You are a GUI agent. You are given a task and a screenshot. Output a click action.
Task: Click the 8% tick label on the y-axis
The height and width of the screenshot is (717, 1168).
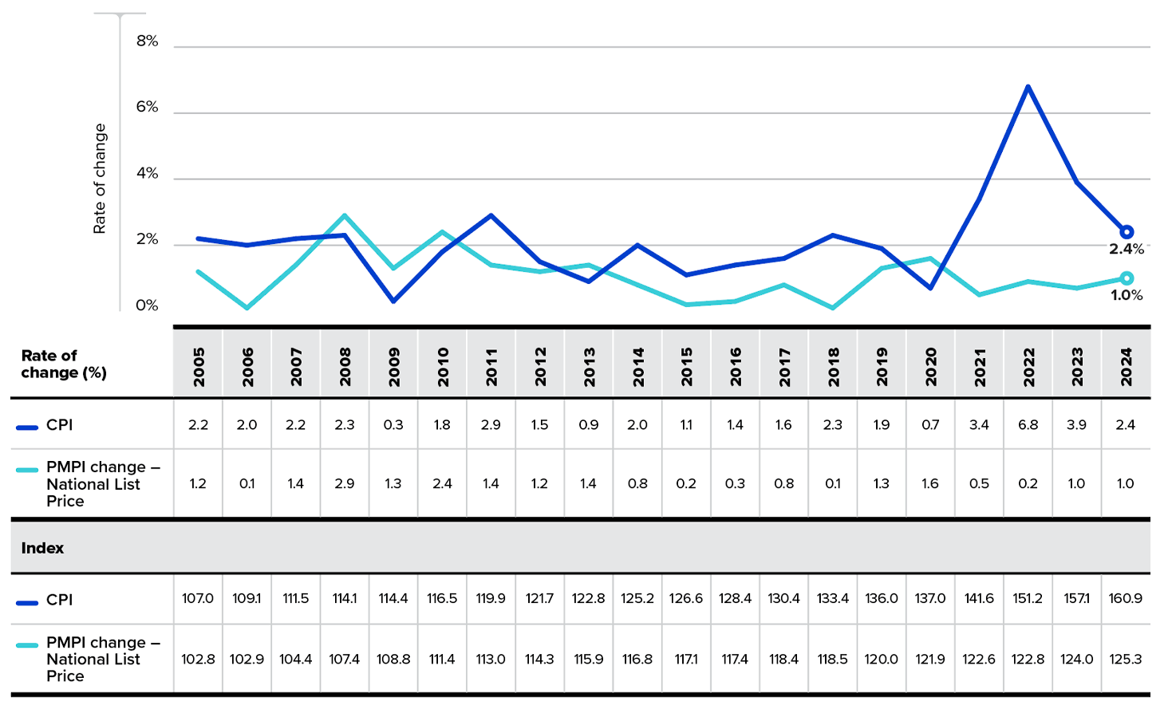147,41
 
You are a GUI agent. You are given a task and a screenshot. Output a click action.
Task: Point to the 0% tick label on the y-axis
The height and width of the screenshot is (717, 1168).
147,305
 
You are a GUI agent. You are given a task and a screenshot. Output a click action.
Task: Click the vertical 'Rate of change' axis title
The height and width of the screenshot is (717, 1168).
100,179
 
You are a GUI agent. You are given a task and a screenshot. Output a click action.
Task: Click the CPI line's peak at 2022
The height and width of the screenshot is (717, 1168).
1028,86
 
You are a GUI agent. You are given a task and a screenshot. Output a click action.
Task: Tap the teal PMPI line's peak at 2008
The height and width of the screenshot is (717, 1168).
345,215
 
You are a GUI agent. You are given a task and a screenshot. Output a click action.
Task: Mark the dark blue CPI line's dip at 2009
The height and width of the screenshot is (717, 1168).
393,301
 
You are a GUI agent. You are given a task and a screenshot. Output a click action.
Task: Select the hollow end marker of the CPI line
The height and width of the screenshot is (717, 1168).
1126,232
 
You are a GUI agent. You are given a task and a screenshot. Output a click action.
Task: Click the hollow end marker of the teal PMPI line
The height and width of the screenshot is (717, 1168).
1126,278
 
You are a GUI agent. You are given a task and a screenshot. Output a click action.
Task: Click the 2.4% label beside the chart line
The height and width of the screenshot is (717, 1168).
1126,250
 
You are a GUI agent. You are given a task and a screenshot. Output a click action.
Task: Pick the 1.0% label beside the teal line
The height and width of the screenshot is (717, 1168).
1126,296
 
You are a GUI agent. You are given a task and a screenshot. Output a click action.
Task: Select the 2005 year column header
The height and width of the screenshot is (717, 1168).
199,367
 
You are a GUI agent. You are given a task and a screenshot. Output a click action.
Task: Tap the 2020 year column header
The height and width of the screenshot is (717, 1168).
930,367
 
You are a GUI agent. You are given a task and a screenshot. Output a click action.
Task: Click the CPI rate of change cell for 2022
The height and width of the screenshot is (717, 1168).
1028,425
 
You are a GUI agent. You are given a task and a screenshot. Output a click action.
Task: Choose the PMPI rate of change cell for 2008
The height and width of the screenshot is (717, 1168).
345,483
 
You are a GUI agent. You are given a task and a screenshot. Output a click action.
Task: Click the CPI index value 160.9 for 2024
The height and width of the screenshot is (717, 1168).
1125,598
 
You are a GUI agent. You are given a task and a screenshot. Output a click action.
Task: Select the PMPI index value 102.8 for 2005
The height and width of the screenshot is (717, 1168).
198,659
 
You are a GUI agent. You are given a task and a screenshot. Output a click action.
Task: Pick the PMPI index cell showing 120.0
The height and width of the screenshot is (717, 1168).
882,659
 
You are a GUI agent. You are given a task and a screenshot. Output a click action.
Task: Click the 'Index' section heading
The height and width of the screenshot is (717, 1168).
42,548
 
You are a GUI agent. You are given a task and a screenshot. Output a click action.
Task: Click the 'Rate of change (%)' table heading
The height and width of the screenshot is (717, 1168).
63,364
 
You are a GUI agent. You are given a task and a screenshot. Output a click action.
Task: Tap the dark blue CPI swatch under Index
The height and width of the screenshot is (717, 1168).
27,602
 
